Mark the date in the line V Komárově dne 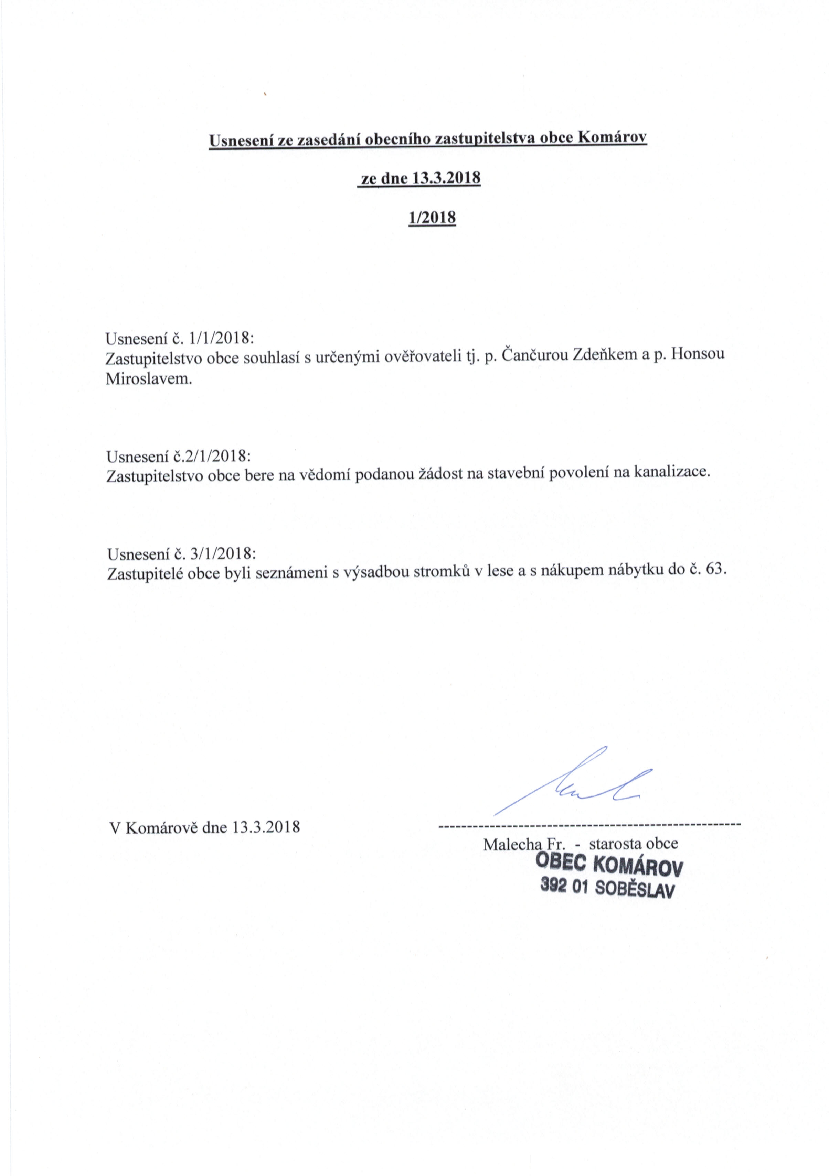266,827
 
